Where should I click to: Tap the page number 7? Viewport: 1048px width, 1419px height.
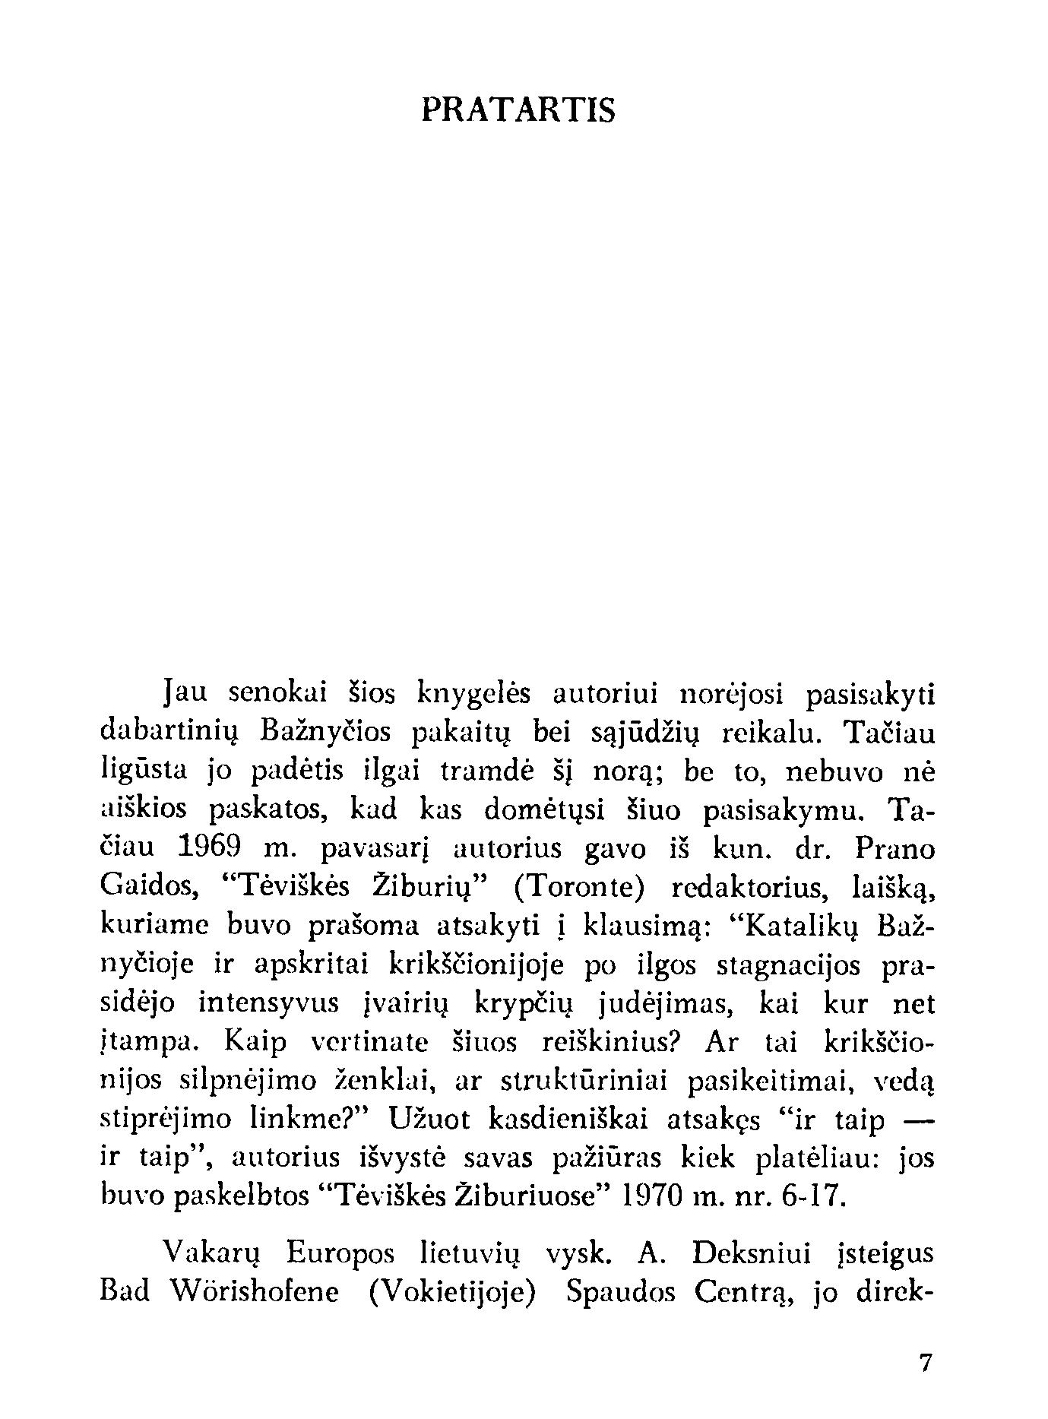[x=925, y=1363]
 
